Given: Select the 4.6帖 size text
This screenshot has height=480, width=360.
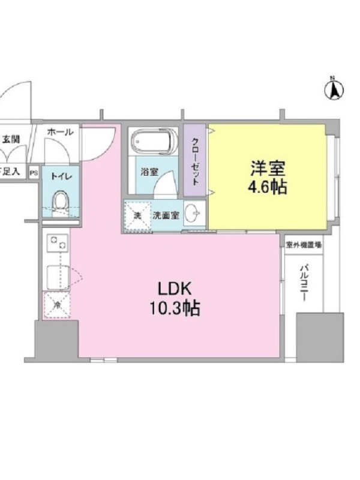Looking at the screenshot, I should pos(267,187).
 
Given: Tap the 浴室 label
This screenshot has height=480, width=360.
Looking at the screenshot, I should pos(149,172).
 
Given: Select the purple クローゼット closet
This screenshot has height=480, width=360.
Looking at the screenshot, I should pos(196,161).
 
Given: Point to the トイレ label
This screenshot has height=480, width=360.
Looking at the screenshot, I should pos(59,176).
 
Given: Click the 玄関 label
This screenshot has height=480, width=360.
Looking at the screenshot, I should pos(11,139).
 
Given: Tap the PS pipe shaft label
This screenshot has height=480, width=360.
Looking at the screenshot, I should pos(33,172).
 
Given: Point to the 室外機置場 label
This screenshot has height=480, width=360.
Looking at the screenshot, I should pos(304,244).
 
